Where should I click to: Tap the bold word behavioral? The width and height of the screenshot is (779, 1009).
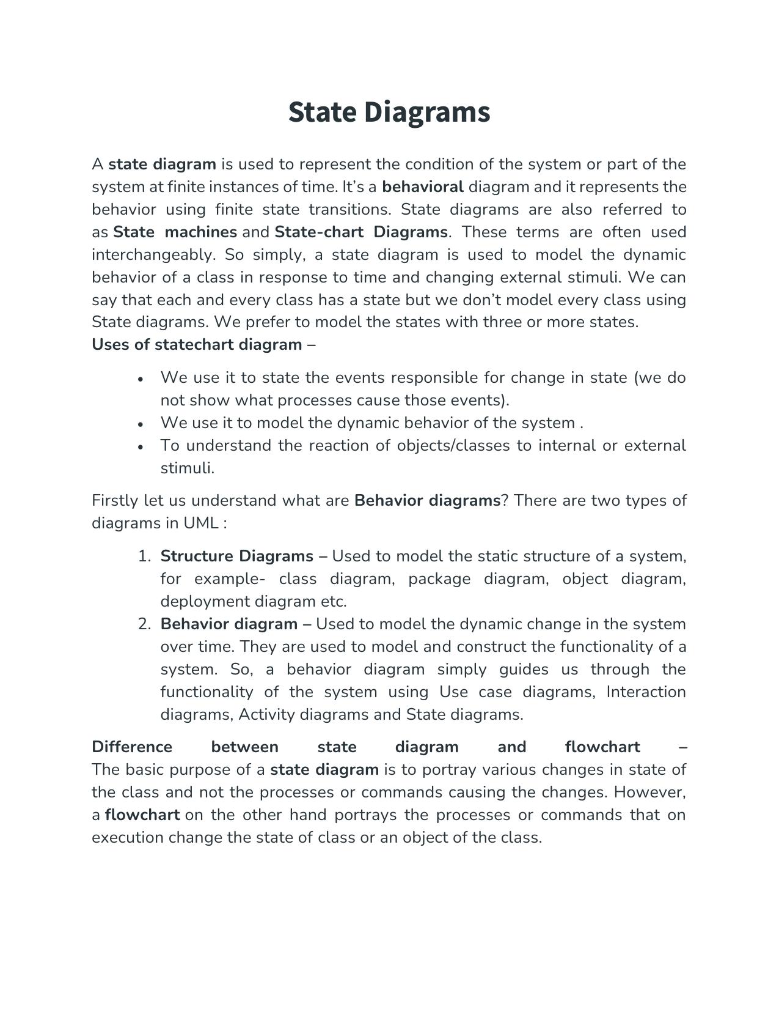(x=423, y=187)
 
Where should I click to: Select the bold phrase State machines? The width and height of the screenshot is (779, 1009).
(x=175, y=232)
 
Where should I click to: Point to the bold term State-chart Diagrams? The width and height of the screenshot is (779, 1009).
(x=361, y=232)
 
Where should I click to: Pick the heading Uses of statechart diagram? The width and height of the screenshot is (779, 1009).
(x=197, y=344)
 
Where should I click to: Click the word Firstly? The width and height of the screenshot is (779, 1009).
(x=115, y=500)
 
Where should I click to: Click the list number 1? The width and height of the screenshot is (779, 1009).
(x=144, y=556)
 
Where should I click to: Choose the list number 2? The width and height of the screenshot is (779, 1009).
(x=144, y=624)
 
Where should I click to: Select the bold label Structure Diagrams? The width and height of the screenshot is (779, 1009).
(x=236, y=556)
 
